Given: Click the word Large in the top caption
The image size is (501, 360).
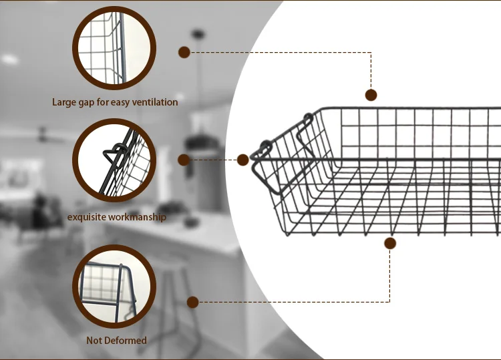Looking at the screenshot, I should [x=65, y=102].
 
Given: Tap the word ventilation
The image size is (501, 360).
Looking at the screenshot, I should [x=154, y=102].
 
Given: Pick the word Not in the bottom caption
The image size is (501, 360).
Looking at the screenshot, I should [x=95, y=340].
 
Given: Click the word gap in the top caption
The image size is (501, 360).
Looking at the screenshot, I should [x=90, y=103].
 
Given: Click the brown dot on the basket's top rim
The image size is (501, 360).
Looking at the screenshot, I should [x=371, y=95].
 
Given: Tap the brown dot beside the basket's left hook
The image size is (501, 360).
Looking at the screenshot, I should [x=243, y=160].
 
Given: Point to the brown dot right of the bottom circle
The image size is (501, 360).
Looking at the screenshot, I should [x=192, y=302].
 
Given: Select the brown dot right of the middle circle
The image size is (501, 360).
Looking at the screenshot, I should [x=184, y=160].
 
